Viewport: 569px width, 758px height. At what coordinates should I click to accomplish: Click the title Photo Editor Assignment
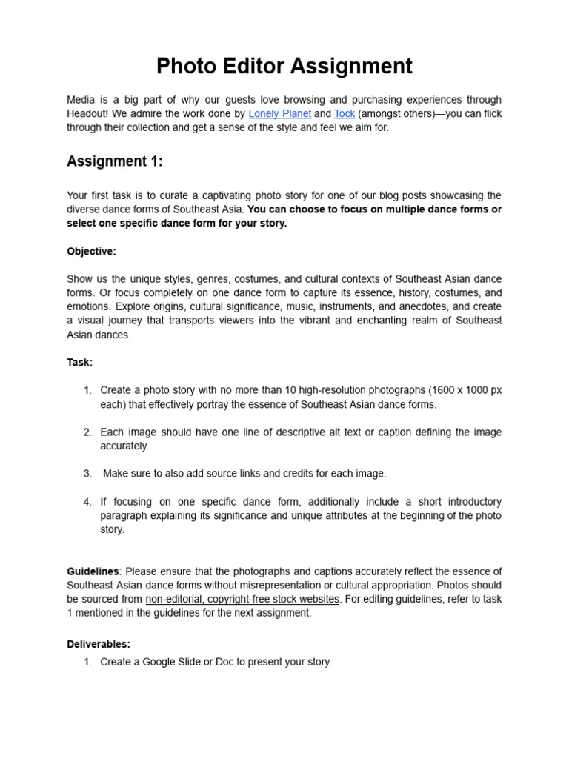click(284, 66)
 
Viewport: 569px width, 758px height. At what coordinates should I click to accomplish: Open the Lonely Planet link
click(280, 113)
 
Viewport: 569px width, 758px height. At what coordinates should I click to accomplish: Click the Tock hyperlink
click(345, 113)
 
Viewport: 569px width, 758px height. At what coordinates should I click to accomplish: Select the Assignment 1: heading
click(115, 161)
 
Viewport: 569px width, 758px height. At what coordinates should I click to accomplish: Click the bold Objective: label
click(91, 252)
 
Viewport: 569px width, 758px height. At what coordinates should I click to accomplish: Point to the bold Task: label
click(80, 363)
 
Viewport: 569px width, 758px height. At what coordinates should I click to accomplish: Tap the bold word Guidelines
click(93, 571)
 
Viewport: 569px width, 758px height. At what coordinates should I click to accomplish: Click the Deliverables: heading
click(98, 644)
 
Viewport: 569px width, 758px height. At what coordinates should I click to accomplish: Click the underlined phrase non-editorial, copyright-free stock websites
click(242, 599)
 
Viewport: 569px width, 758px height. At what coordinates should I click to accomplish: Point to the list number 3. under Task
click(87, 473)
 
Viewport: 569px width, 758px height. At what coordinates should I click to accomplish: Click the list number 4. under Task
click(87, 501)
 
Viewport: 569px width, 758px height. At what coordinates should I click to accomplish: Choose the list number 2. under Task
click(87, 432)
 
